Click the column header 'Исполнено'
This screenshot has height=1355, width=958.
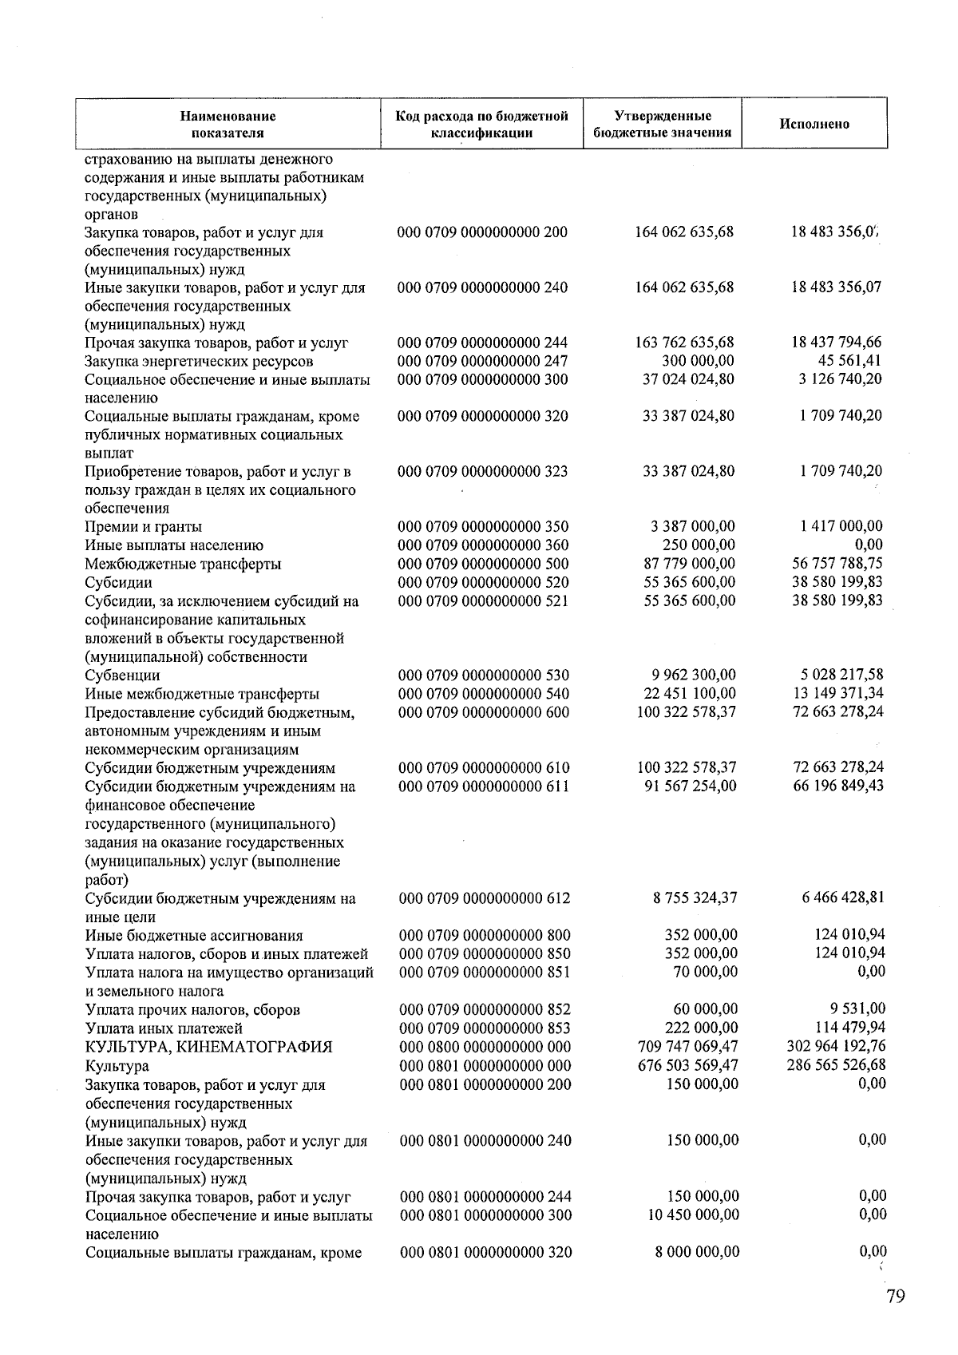pos(814,124)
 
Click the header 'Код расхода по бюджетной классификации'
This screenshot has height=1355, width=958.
pos(481,124)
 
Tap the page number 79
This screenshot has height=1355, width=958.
pos(895,1296)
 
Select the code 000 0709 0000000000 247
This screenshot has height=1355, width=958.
pos(483,362)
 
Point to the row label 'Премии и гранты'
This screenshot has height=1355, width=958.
pos(144,527)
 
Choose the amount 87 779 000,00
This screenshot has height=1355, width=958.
pos(689,564)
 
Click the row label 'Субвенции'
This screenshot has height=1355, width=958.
pos(122,676)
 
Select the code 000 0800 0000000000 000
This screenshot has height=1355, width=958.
pos(485,1047)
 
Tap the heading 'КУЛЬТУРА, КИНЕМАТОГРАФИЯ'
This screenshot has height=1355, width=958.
pos(208,1047)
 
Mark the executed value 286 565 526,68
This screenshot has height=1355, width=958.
pos(836,1065)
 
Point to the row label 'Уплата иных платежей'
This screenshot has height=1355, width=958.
pos(164,1028)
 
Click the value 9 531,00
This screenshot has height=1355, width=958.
pos(856,1009)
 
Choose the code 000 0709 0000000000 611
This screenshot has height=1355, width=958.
pos(484,786)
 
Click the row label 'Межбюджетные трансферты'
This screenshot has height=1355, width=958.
pos(183,564)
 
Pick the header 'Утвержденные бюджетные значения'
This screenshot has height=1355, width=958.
pos(663,124)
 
